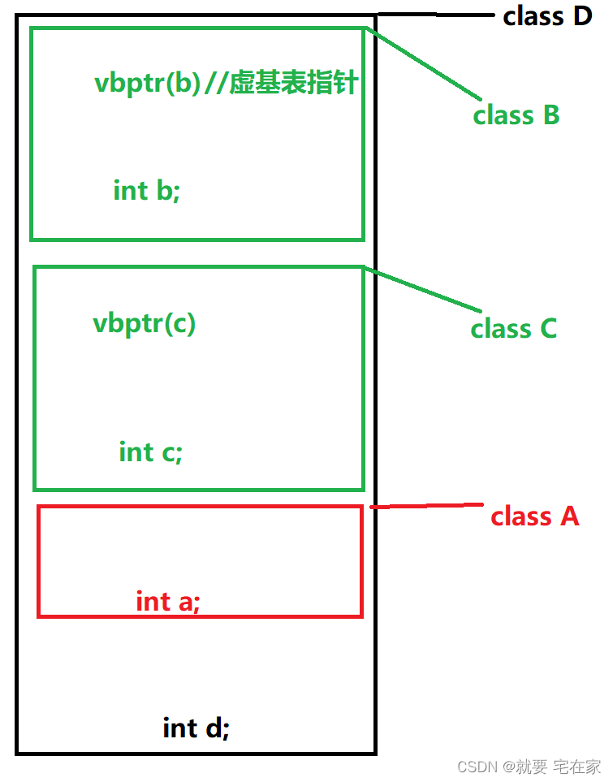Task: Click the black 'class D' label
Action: tap(547, 15)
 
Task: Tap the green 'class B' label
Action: tap(516, 115)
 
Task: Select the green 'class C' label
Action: tap(513, 329)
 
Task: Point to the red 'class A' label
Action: tap(534, 516)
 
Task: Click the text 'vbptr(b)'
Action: tap(147, 84)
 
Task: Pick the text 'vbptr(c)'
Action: tap(144, 323)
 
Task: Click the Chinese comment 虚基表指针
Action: tap(293, 84)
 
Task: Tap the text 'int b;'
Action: tap(146, 191)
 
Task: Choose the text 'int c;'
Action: tap(150, 451)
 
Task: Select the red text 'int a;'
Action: tap(167, 601)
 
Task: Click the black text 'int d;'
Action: tap(196, 728)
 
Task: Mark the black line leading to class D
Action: tap(434, 14)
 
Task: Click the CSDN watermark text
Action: tap(477, 767)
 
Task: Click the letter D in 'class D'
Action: tap(582, 15)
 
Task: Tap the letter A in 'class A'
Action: tap(568, 516)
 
